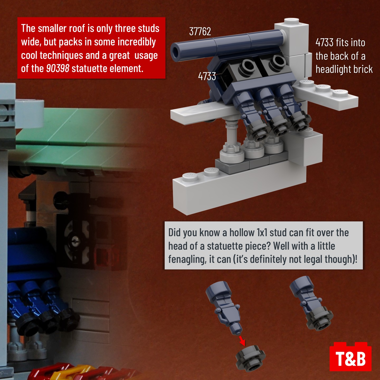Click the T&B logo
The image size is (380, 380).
tap(350, 357)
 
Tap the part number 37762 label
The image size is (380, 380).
tap(200, 32)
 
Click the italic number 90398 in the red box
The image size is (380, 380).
tap(58, 68)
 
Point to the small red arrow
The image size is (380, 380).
tap(242, 341)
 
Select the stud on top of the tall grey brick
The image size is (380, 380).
tap(291, 21)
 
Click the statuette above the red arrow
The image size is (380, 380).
tap(224, 308)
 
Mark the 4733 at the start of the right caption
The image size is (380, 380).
tap(324, 42)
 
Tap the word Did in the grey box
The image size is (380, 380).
tap(174, 233)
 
